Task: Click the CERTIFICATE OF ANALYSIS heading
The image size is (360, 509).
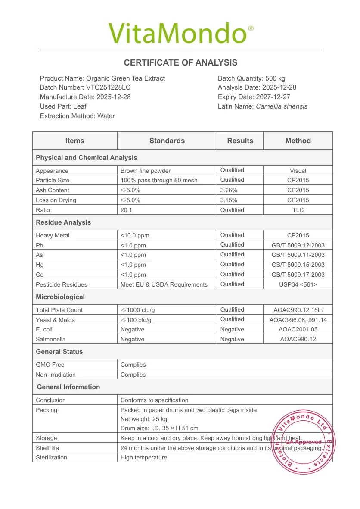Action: point(180,63)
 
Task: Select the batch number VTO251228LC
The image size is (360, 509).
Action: point(108,87)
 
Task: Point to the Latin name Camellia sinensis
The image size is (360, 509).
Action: point(282,106)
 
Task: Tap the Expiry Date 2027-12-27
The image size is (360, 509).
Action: point(272,97)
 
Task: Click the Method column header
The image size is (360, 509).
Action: point(298,141)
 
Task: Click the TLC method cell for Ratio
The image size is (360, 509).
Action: point(298,210)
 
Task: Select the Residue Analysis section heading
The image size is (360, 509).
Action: point(63,222)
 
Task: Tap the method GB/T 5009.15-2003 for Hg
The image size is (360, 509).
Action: point(298,265)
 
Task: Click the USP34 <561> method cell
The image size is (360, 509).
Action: point(298,284)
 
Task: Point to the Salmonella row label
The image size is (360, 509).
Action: point(51,339)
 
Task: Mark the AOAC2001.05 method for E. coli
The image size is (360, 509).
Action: point(298,329)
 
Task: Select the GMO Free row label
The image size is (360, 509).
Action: point(50,365)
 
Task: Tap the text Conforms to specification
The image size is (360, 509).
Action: point(154,400)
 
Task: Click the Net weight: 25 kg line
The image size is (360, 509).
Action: point(144,419)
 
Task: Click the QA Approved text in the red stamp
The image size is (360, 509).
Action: point(304,442)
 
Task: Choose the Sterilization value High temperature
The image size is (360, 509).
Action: point(143,457)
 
